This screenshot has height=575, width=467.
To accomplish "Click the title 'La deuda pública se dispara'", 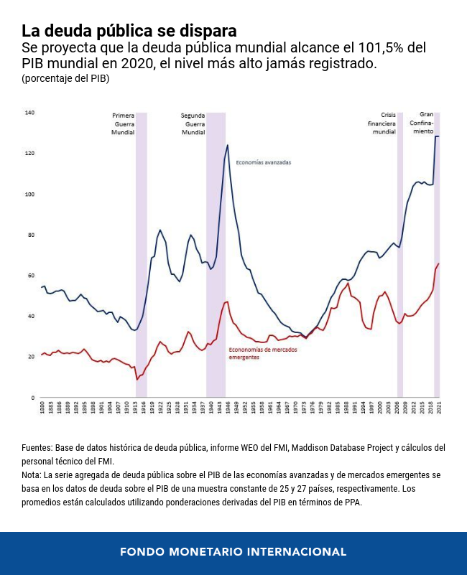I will [x=129, y=31].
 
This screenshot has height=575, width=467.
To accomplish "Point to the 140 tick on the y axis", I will [x=29, y=113].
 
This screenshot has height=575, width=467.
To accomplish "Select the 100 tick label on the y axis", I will [x=29, y=195].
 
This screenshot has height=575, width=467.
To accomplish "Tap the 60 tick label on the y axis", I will [x=29, y=276].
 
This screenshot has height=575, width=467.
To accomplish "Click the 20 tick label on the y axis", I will [x=29, y=357].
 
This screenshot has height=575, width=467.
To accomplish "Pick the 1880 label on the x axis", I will [x=42, y=408].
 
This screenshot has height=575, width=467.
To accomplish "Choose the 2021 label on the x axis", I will [x=439, y=408].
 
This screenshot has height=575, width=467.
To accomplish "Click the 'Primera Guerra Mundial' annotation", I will [x=123, y=123].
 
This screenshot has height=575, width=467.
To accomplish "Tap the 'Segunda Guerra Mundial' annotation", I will [x=193, y=123].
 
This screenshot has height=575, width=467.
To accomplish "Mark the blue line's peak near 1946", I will [x=228, y=145].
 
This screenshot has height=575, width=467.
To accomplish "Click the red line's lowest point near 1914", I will [x=137, y=379].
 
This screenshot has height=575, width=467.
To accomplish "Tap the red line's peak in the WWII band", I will [x=227, y=301].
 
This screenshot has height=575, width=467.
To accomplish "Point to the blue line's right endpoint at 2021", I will [x=439, y=136].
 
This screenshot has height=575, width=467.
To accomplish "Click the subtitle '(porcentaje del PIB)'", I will [x=65, y=78].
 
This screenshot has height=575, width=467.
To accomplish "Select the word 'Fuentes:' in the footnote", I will [x=37, y=448].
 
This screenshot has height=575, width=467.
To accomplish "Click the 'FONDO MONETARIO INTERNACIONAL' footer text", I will [x=233, y=552].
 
